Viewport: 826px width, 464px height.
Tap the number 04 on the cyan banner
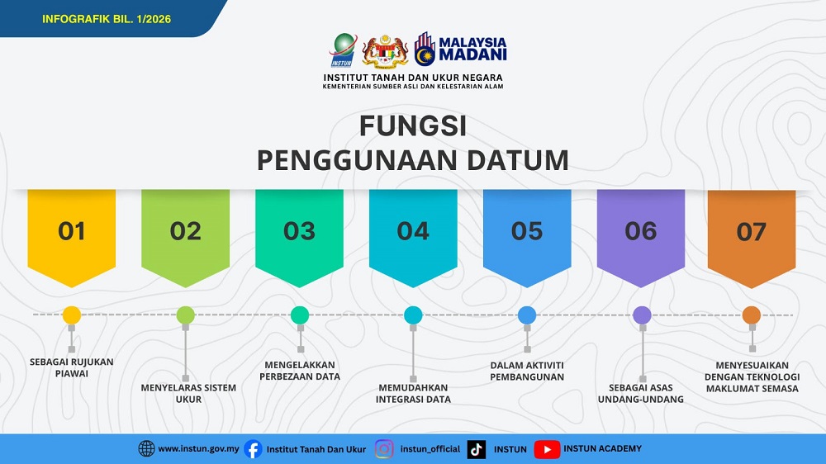(x=413, y=232)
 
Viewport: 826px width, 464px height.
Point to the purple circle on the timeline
(x=642, y=315)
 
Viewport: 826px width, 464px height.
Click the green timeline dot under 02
(x=186, y=315)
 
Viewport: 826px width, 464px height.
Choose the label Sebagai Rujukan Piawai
(x=71, y=367)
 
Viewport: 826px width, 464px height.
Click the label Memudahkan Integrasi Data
(x=413, y=393)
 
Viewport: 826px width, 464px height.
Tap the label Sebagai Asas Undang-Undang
(x=641, y=393)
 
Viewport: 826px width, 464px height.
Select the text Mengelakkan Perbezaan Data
(x=300, y=371)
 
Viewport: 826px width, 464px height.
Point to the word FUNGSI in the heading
(x=413, y=126)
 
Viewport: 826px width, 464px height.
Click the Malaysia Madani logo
(x=461, y=50)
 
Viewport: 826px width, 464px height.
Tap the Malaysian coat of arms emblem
(x=386, y=51)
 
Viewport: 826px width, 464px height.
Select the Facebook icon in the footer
(x=254, y=449)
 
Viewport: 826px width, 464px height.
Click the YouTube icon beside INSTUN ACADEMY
(x=547, y=449)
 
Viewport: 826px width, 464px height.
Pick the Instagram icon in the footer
(x=384, y=449)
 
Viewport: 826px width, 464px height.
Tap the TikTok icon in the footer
(x=477, y=449)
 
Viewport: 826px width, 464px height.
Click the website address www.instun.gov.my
(x=198, y=449)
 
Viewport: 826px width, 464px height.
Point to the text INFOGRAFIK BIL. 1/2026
(x=107, y=18)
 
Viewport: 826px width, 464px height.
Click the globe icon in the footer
(x=146, y=449)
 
